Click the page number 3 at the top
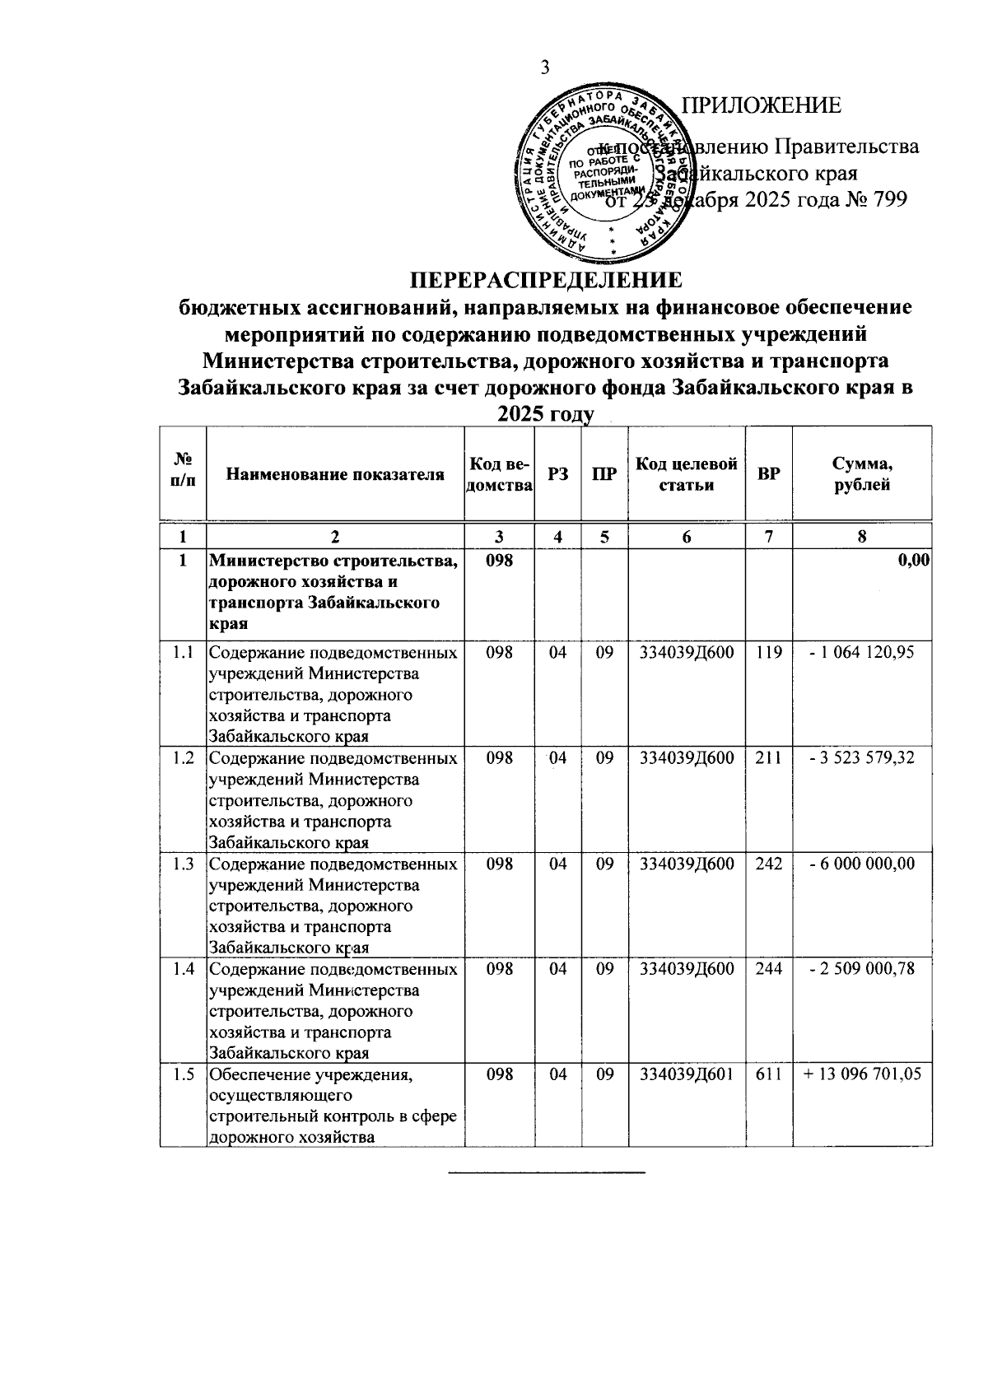point(544,67)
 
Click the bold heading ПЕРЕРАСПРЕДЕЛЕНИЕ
point(546,280)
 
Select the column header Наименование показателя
point(335,473)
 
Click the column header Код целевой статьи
point(687,473)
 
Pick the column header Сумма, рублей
point(861,473)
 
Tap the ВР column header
point(768,474)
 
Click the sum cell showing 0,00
point(913,561)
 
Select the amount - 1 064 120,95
point(862,653)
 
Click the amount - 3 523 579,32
point(862,757)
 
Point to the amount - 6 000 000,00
point(862,863)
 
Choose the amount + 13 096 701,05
point(862,1074)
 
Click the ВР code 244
point(768,968)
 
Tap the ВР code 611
point(768,1074)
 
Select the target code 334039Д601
point(687,1074)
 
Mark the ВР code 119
point(768,653)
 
